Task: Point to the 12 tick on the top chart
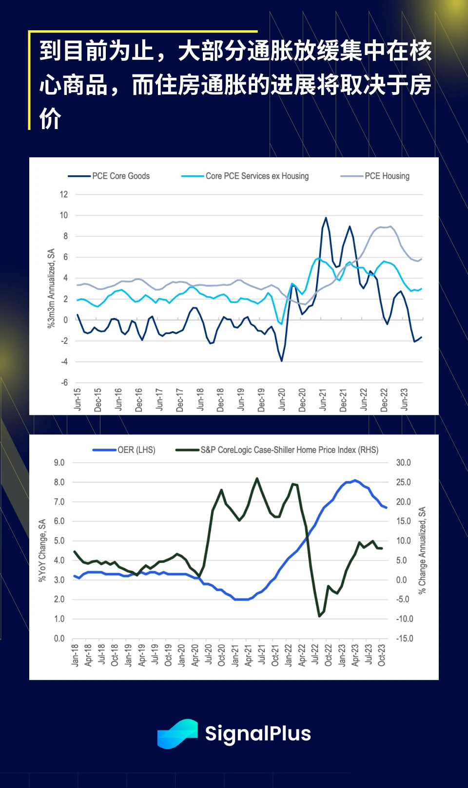coord(64,194)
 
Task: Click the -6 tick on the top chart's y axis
coord(64,383)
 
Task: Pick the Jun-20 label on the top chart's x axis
coord(282,399)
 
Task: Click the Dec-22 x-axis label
coord(384,399)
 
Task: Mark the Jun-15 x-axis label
coord(78,399)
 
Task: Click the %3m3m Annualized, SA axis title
coord(51,288)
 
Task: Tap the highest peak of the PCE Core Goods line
coord(326,218)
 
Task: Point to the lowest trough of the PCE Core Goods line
coord(282,361)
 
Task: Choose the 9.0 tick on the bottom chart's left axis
coord(59,463)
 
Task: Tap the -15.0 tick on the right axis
coord(404,638)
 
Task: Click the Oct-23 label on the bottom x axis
coord(382,655)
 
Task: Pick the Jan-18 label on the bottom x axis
coord(75,655)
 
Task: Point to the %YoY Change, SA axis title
coord(42,550)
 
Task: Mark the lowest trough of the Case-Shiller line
coord(320,616)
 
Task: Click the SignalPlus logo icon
coord(177,733)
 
